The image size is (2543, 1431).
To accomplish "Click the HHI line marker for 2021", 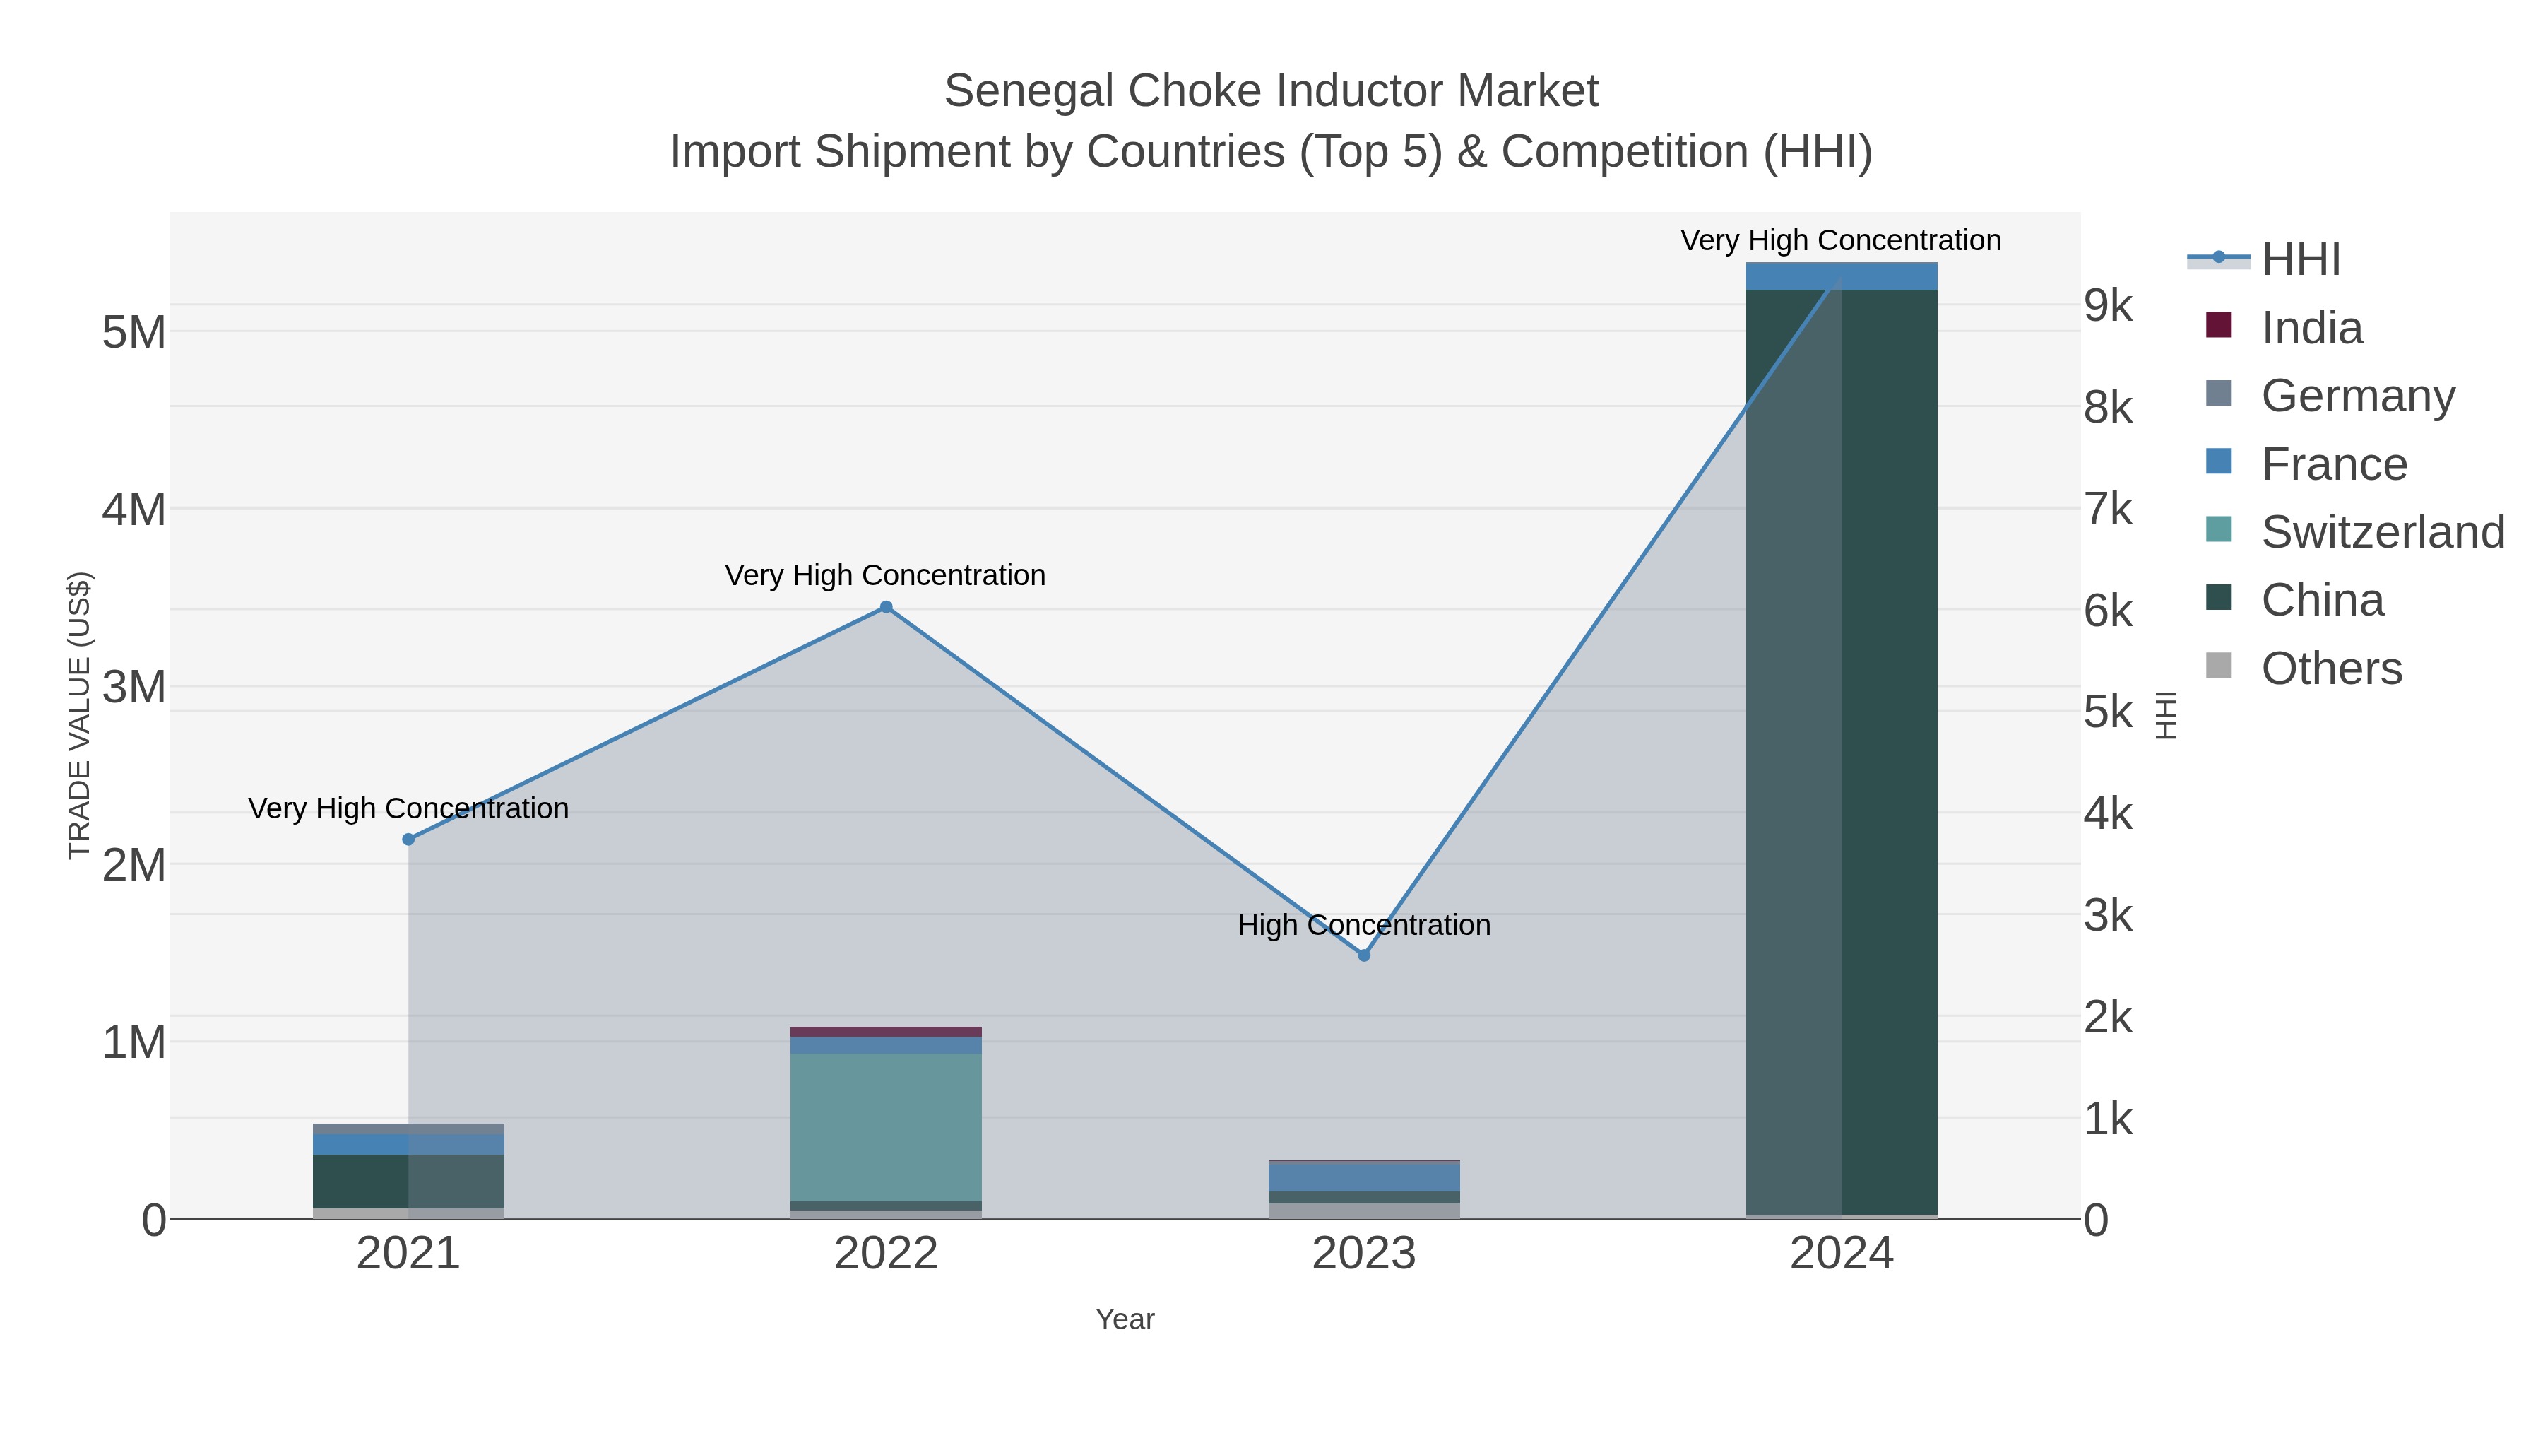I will [x=409, y=840].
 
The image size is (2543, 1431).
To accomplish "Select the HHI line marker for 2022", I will [x=886, y=607].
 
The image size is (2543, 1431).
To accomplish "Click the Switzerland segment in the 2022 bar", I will [x=886, y=1126].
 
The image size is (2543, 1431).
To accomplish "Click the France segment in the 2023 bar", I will [x=1363, y=1177].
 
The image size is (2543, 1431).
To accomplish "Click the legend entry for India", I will [x=2311, y=328].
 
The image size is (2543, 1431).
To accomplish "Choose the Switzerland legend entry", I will [x=2382, y=532].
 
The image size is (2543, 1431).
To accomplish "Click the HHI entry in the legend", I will [x=2300, y=260].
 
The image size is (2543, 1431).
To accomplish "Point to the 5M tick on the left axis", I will [x=134, y=333].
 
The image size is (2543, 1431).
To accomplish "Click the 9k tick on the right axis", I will [x=2109, y=305].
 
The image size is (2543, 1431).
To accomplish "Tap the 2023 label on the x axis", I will [x=1363, y=1253].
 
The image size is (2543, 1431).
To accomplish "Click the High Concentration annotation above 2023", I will [x=1363, y=925].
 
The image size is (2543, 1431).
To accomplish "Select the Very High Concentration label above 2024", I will [x=1840, y=240].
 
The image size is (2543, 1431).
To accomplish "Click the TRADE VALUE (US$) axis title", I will [x=79, y=715].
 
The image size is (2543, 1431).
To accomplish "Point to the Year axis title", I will [x=1125, y=1319].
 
